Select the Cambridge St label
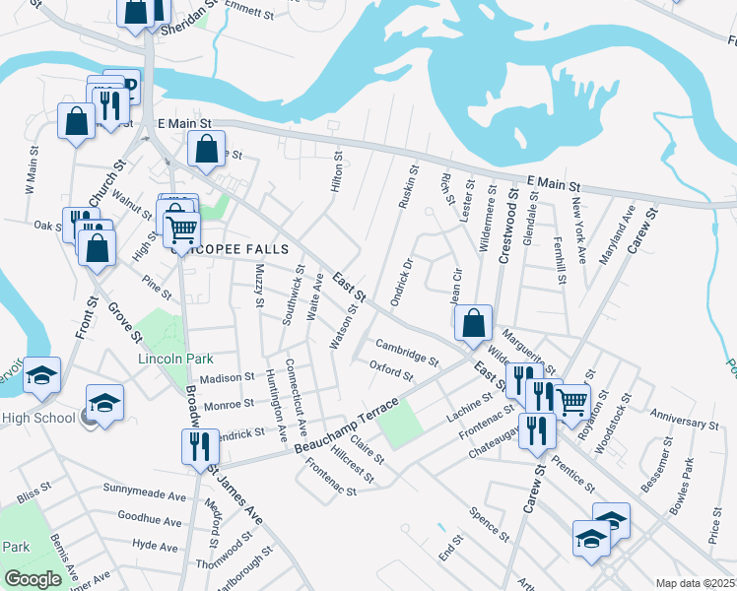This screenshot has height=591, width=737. (x=407, y=352)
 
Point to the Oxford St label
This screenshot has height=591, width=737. (x=390, y=371)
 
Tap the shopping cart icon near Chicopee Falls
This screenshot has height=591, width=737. (x=182, y=230)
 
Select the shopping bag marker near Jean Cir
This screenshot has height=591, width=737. (x=474, y=321)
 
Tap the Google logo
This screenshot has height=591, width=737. (x=33, y=579)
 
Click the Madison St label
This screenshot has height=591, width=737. (x=227, y=378)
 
